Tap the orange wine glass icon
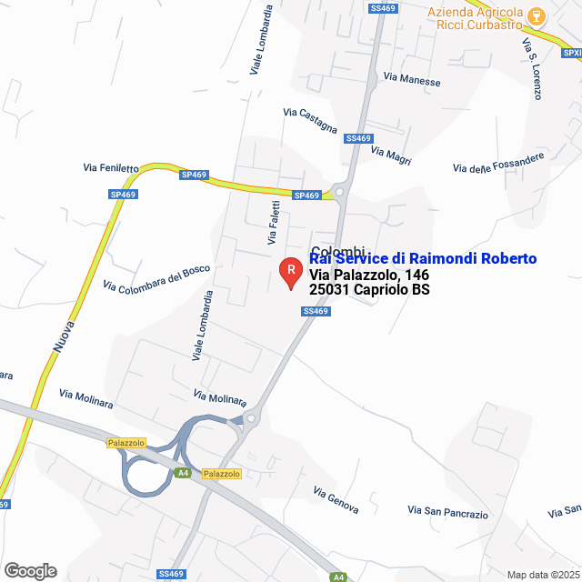[x=537, y=15]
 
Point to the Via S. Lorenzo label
[x=532, y=69]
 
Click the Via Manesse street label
[x=412, y=81]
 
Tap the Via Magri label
[x=391, y=156]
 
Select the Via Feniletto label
[x=111, y=167]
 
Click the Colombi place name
[x=337, y=251]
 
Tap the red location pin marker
[x=290, y=271]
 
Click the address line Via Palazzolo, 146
[x=369, y=276]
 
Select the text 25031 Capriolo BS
[x=369, y=291]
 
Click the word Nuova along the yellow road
[x=63, y=334]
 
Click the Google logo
[x=30, y=570]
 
